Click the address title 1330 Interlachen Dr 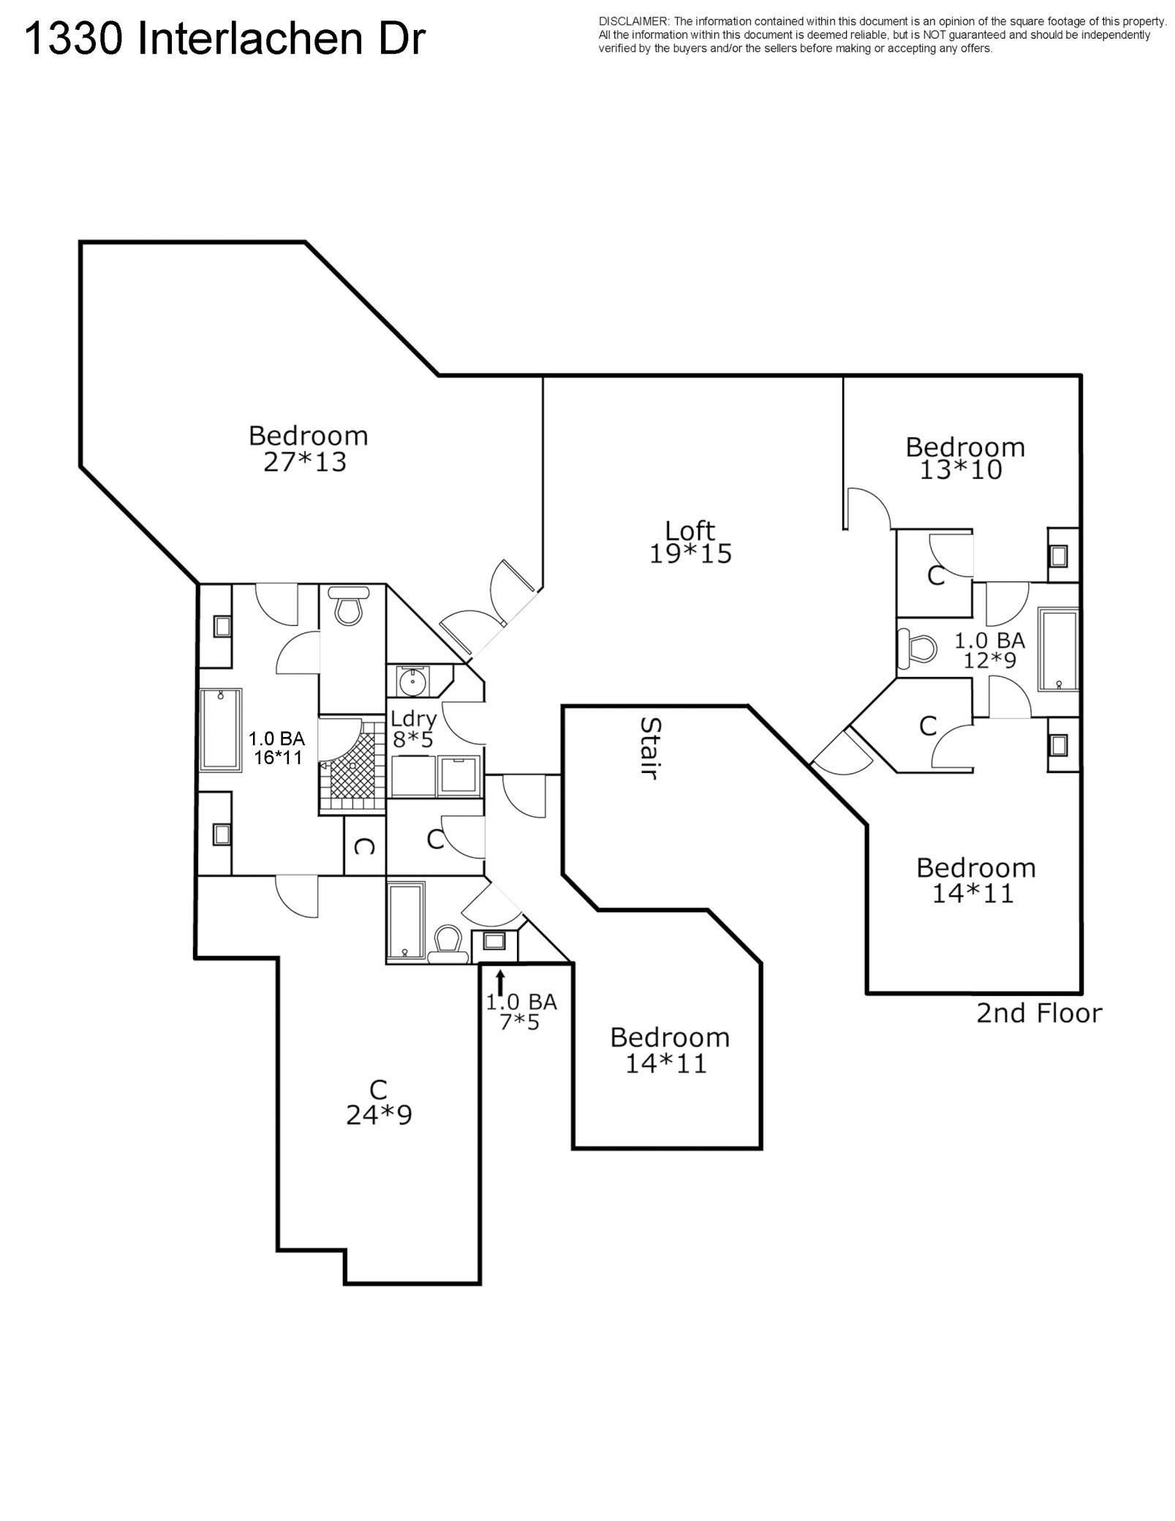[x=224, y=39]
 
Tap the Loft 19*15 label [x=690, y=542]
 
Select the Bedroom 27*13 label [x=307, y=448]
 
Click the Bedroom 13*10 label [x=965, y=458]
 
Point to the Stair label [x=650, y=748]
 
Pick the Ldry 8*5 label [x=413, y=728]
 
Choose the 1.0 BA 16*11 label [x=277, y=747]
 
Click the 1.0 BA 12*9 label [x=990, y=650]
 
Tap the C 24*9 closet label [x=379, y=1102]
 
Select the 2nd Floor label [x=1039, y=1013]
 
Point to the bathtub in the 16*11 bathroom [x=222, y=730]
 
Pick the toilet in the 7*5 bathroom [x=447, y=944]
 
